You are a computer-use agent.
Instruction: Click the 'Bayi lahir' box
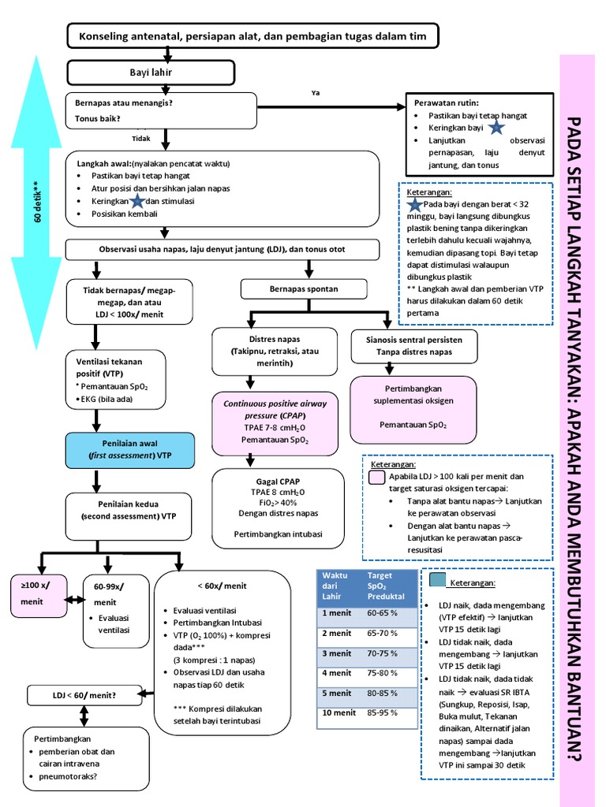coord(151,73)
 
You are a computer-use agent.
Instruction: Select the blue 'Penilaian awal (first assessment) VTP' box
coord(129,449)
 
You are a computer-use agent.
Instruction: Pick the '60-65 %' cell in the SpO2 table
coord(382,612)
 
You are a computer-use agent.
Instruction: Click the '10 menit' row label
coord(337,713)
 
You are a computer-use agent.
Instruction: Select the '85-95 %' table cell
coord(382,713)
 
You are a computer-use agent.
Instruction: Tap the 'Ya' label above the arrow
coord(315,93)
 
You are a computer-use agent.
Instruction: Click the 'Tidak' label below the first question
coord(140,138)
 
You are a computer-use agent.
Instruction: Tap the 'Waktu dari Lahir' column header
coord(337,586)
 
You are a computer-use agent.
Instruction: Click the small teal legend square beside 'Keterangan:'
coord(438,581)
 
